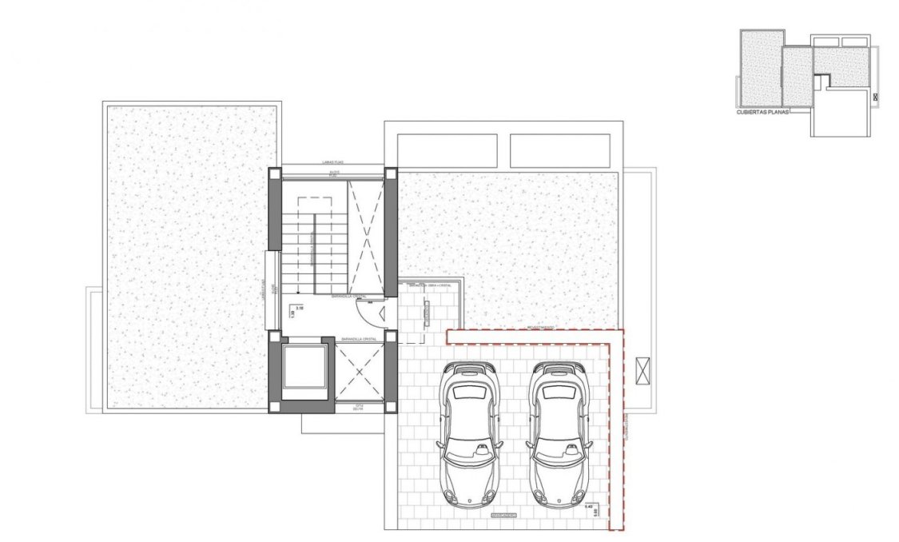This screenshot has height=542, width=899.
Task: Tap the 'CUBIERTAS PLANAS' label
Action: (762, 113)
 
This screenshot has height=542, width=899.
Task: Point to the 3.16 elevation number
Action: (300, 307)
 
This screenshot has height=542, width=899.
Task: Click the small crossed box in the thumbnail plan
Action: (875, 97)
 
